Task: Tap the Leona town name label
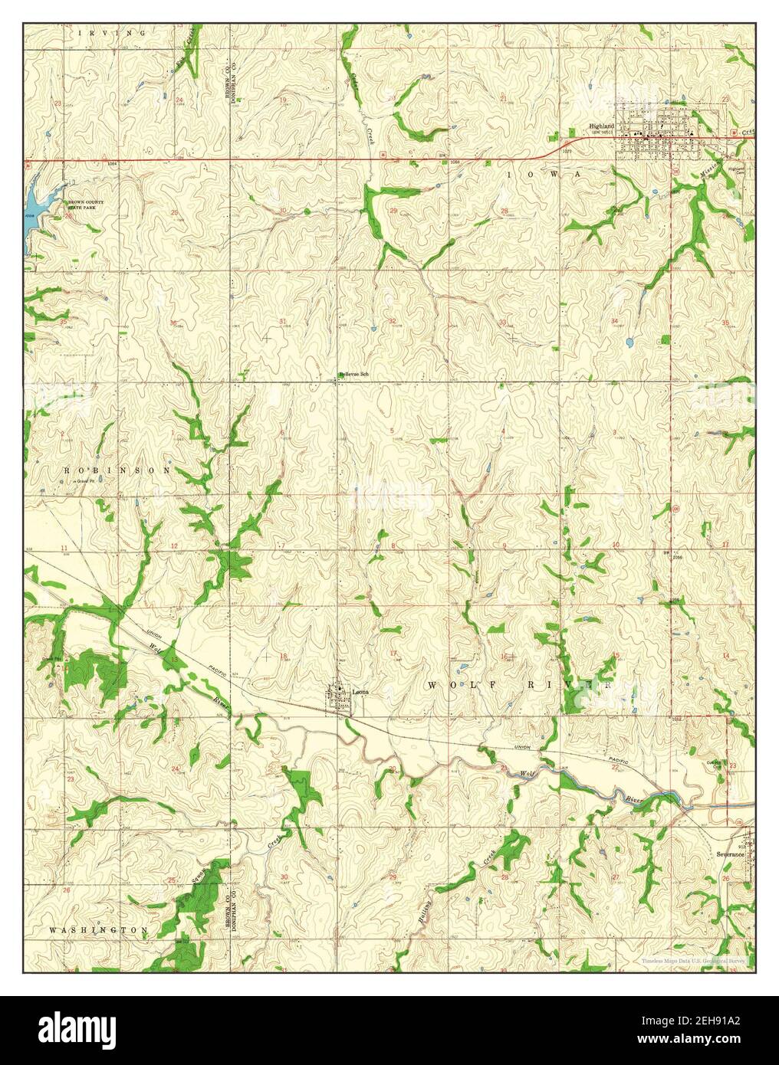(360, 692)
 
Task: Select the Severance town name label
(731, 852)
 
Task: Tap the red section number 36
(173, 323)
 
